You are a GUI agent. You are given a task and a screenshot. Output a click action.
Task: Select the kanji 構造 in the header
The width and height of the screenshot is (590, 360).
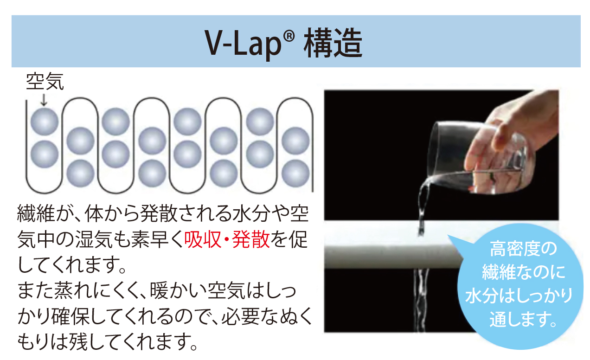(x=333, y=43)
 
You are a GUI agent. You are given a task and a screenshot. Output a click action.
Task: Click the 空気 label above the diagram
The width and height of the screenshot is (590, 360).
(x=45, y=81)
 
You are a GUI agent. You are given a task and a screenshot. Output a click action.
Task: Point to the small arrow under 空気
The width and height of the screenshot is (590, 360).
(x=44, y=100)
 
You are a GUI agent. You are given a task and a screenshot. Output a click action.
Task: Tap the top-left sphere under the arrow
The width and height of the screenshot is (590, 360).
(x=45, y=122)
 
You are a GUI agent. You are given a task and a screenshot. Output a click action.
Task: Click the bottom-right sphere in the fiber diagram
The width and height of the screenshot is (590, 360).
(x=295, y=174)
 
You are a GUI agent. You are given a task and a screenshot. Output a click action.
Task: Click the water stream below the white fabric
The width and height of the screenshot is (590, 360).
(x=420, y=300)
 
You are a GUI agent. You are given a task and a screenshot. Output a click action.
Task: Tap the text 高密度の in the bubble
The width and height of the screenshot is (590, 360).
(x=523, y=249)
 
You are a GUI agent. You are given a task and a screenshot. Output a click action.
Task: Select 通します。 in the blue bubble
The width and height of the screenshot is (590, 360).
(x=523, y=319)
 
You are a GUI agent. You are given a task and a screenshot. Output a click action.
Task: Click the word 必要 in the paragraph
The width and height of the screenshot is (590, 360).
(x=240, y=316)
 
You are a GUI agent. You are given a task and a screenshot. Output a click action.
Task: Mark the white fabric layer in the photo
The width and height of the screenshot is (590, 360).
(x=392, y=256)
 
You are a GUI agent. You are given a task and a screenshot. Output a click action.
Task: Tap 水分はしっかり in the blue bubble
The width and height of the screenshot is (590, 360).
(x=519, y=296)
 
